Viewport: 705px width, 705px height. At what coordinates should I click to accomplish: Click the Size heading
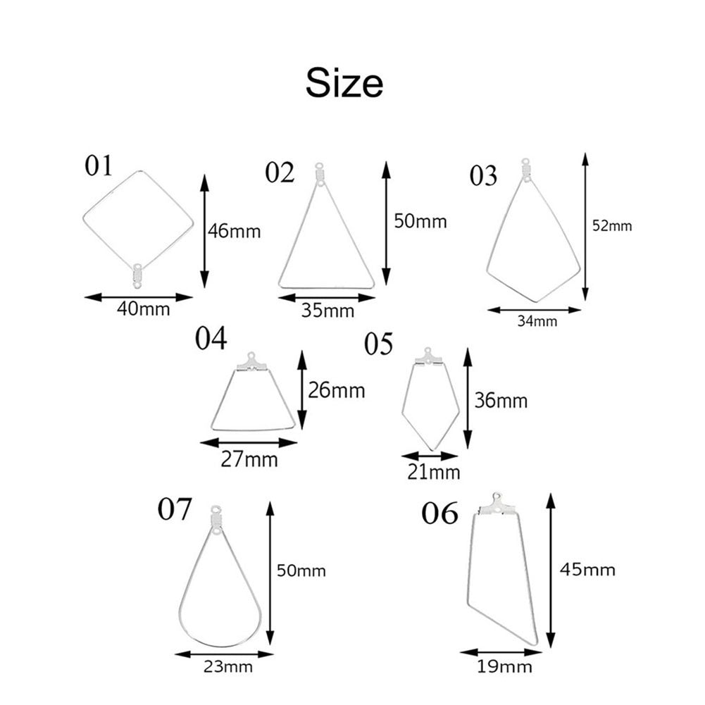pyautogui.click(x=344, y=82)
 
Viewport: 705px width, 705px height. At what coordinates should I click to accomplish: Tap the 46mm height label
pyautogui.click(x=235, y=231)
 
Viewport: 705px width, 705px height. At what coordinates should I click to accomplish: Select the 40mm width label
pyautogui.click(x=144, y=309)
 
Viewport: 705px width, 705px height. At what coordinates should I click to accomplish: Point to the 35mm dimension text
pyautogui.click(x=327, y=310)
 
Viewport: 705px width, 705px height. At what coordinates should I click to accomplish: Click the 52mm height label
pyautogui.click(x=612, y=225)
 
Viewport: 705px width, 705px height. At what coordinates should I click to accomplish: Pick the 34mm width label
pyautogui.click(x=537, y=321)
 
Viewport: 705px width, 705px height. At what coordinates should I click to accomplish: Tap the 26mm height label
pyautogui.click(x=337, y=390)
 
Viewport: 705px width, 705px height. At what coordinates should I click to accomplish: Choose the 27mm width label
pyautogui.click(x=249, y=459)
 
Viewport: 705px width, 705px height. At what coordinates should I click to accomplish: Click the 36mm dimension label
pyautogui.click(x=501, y=400)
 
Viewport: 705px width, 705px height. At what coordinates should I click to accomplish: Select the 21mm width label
pyautogui.click(x=434, y=472)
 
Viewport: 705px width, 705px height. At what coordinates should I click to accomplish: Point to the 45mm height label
pyautogui.click(x=587, y=570)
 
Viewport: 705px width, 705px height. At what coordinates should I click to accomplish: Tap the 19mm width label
pyautogui.click(x=504, y=666)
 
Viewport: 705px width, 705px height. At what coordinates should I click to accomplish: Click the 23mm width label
pyautogui.click(x=228, y=666)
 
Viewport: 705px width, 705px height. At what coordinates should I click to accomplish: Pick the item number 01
pyautogui.click(x=99, y=166)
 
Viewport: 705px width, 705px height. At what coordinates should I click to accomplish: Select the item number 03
pyautogui.click(x=483, y=175)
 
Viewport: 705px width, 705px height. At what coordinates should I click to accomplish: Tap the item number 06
pyautogui.click(x=439, y=513)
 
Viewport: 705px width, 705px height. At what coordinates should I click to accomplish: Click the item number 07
pyautogui.click(x=175, y=509)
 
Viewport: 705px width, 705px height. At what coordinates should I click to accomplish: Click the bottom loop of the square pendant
pyautogui.click(x=137, y=285)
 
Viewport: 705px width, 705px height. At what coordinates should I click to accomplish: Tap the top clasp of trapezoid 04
pyautogui.click(x=252, y=363)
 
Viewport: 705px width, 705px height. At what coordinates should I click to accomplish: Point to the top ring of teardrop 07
pyautogui.click(x=216, y=510)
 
